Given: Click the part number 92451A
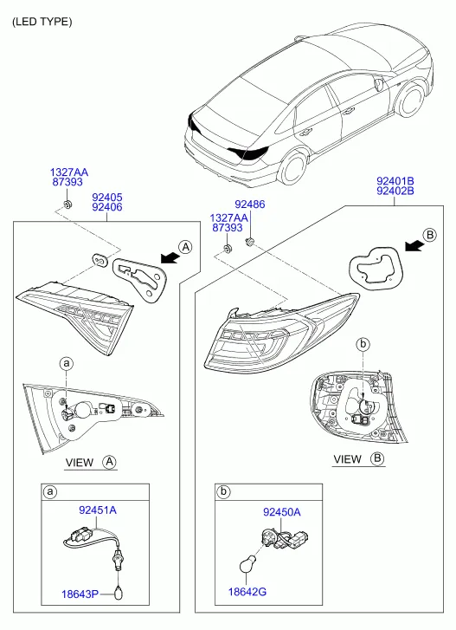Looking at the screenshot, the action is pos(98,510).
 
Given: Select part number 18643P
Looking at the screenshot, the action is pos(80,594).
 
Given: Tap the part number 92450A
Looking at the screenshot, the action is pos(282,512).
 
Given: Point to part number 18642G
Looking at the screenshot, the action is pos(247,592).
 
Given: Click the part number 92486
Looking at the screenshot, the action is pos(250,205).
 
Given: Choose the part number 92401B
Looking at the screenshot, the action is pos(395,181).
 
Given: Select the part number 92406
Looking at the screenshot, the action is pos(107,207).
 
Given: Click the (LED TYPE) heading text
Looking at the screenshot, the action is pos(42,22).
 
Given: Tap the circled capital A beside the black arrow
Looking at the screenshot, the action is pos(185,247).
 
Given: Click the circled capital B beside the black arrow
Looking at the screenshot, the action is pos(429,234).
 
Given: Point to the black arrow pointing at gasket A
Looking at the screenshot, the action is pos(170,258).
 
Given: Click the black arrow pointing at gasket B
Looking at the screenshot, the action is pos(414,246).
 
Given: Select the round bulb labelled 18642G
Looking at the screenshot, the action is pos(247,565).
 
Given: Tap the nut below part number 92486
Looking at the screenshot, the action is pos(249,241).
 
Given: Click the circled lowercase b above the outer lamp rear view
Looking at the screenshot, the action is pos(363,344).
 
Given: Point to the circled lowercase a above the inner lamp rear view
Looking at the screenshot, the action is pos(66,364).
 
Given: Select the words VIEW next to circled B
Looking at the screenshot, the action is pos(347,458).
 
